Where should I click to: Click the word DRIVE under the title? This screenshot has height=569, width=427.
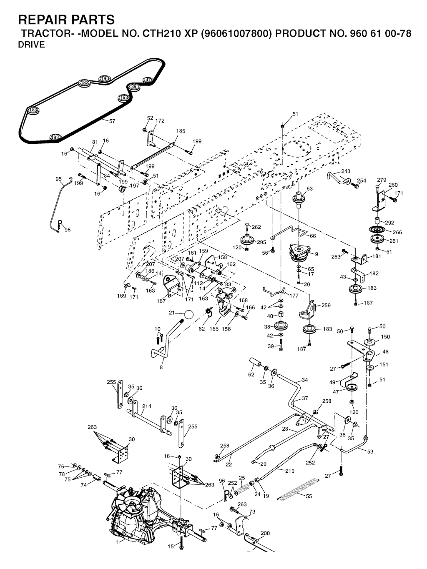click(31, 45)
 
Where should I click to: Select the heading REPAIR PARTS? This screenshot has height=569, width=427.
click(66, 20)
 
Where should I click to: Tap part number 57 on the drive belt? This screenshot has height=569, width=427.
click(112, 121)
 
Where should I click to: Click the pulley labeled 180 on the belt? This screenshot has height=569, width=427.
click(105, 78)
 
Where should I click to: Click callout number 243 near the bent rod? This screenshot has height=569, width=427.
click(346, 171)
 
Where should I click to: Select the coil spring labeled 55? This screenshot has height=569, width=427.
click(297, 490)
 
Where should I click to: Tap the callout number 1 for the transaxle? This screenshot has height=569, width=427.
click(117, 542)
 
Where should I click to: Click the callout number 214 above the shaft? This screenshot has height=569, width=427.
click(147, 406)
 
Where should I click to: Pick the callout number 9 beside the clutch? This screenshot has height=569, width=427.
click(316, 254)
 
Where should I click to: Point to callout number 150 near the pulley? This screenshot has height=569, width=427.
click(386, 336)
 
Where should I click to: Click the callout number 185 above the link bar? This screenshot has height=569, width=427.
click(181, 131)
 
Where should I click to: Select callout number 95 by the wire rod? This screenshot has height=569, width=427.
click(58, 179)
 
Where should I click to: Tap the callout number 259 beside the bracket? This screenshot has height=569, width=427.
click(326, 306)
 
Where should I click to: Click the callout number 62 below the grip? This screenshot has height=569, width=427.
click(251, 375)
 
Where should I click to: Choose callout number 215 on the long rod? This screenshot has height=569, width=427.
click(290, 471)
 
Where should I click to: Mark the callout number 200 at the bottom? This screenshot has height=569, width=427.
click(265, 533)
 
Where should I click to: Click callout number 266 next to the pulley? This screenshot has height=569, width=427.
click(397, 232)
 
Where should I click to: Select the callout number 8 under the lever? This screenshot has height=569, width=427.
click(161, 367)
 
